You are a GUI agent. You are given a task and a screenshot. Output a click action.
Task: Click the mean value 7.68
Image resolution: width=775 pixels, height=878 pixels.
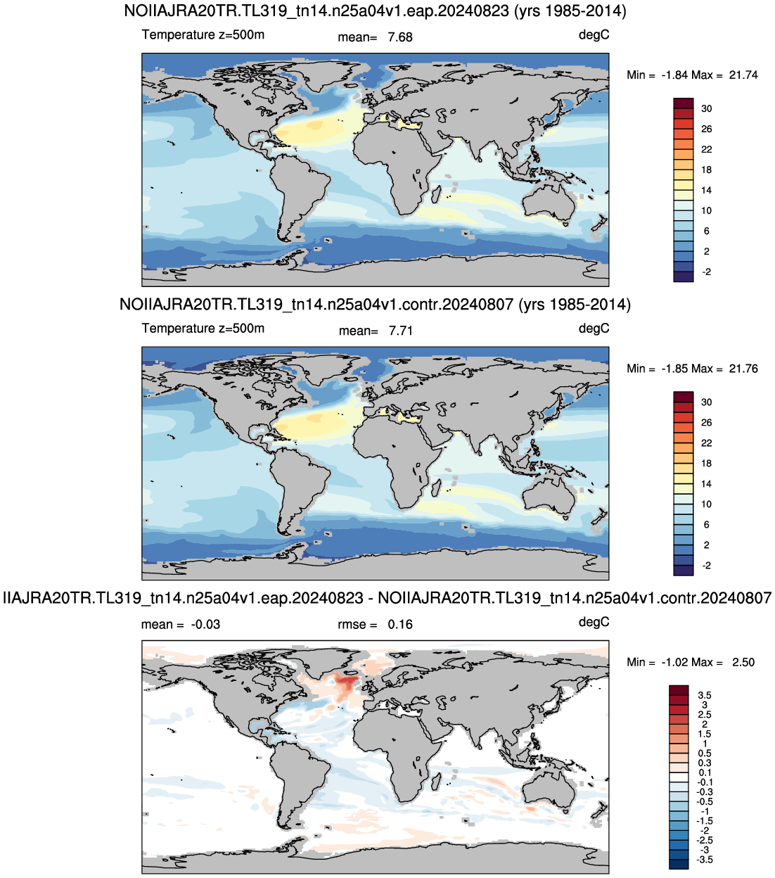pos(400,37)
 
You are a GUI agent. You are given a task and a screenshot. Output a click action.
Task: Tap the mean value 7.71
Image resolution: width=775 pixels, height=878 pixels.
pos(401,331)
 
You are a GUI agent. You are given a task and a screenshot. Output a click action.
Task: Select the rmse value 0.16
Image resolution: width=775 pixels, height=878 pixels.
pos(400,625)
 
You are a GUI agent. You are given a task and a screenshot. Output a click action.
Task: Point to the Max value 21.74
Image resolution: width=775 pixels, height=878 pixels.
pos(743,75)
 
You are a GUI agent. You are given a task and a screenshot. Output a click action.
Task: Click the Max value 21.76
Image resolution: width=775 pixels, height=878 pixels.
pos(743,369)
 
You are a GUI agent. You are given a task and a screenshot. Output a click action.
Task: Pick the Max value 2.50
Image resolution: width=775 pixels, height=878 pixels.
pos(743,662)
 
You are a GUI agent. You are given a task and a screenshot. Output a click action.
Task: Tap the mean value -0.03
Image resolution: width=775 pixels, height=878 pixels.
pos(205,625)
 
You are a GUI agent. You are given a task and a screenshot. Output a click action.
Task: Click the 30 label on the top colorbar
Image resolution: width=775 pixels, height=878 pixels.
pos(707,109)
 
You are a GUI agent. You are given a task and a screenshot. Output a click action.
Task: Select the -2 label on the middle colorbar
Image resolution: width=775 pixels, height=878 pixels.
pos(707,566)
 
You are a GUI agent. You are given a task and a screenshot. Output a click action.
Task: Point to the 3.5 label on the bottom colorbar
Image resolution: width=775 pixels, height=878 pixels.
pos(705,695)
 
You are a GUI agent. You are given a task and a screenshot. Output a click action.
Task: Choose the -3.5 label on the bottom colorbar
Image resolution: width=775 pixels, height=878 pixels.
pos(704,860)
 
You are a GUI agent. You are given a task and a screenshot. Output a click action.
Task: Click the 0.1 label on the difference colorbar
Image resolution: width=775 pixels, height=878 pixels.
pos(705,772)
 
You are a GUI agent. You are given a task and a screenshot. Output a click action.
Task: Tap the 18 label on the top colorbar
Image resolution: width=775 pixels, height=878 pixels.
pos(707,170)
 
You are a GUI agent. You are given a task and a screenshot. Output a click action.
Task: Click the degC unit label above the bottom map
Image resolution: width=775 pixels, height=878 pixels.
pos(594,623)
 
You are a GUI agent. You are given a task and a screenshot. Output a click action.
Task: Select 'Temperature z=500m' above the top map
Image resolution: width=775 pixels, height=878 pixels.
pos(203,34)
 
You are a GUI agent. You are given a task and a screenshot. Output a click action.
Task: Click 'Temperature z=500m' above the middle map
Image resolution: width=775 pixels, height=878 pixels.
pos(203,329)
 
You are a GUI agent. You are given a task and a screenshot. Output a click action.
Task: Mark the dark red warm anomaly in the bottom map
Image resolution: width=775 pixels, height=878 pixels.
pos(347,682)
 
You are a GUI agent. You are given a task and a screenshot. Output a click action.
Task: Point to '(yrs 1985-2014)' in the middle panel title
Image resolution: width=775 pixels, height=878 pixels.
pos(575,305)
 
